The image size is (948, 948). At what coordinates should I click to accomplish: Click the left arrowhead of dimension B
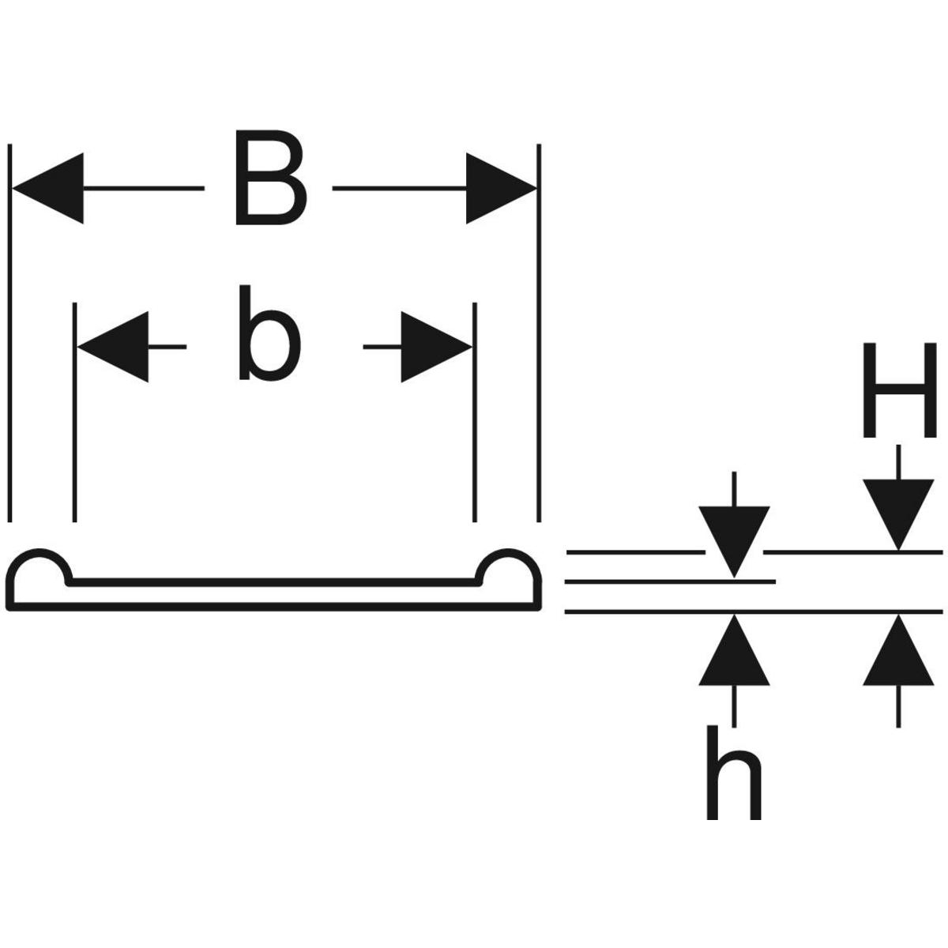tap(47, 189)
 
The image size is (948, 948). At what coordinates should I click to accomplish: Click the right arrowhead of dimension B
tap(501, 189)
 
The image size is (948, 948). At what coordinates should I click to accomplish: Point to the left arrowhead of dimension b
tap(114, 347)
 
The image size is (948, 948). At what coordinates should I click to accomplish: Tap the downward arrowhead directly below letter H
tap(897, 513)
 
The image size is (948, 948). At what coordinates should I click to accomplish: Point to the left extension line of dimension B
tap(10, 332)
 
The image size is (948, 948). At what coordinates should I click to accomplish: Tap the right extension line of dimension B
tap(539, 332)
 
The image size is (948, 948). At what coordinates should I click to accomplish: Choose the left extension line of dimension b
tap(74, 411)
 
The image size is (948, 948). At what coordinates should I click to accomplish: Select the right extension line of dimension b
tap(474, 411)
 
